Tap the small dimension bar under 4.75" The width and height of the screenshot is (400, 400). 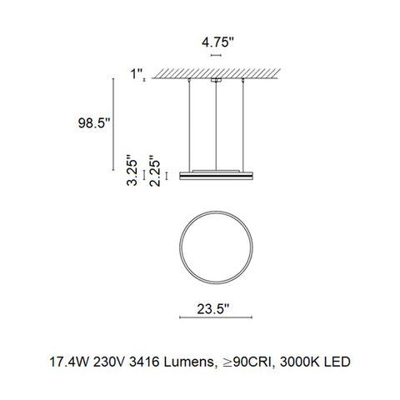[x=217, y=53]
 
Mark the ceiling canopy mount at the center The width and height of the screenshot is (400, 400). [x=217, y=81]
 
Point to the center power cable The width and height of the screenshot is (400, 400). [x=217, y=125]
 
